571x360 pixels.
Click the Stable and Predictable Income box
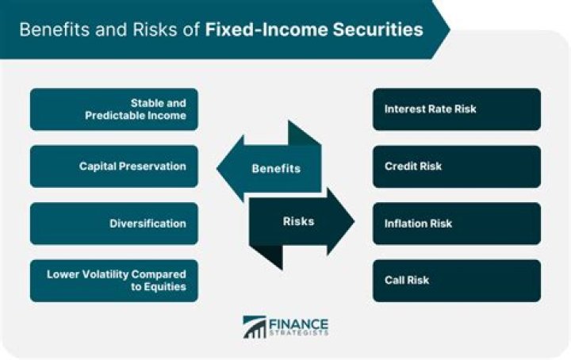[114, 109]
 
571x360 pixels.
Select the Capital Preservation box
[114, 167]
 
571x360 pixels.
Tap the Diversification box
[114, 224]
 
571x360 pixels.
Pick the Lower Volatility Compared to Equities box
[114, 281]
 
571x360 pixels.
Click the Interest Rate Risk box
[457, 109]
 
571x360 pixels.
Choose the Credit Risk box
[457, 167]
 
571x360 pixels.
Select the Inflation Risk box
[457, 224]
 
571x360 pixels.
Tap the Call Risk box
[457, 281]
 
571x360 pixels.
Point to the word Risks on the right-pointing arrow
[298, 221]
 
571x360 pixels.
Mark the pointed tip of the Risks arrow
[353, 221]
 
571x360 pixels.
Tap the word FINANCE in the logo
[298, 323]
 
